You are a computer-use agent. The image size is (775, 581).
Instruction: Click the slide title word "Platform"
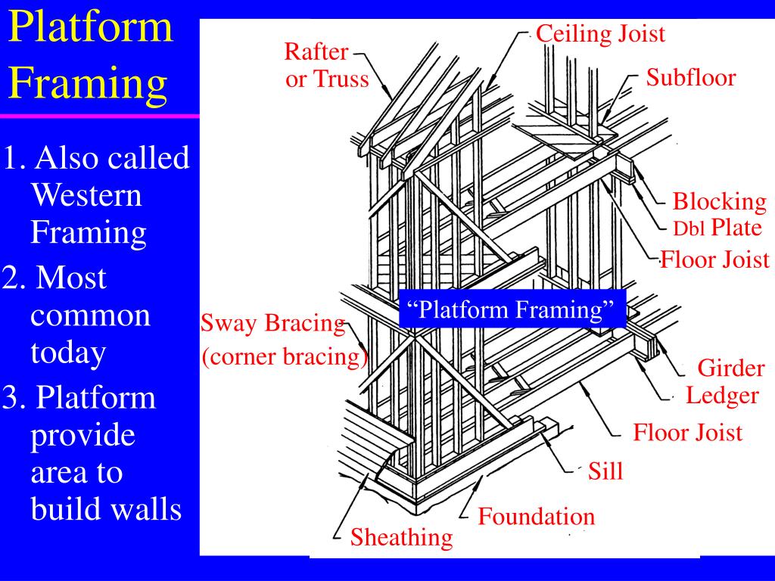point(91,28)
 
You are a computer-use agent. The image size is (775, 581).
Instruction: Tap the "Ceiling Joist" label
point(600,33)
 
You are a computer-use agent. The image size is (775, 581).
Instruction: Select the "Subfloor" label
point(690,78)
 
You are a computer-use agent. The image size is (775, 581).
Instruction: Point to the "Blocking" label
point(719,202)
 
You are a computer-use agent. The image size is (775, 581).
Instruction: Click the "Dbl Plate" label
point(717,228)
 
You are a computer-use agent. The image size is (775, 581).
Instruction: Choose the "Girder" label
point(730,368)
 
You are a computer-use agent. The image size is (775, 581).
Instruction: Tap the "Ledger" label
point(722,395)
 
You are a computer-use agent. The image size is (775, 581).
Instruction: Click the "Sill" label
point(605,471)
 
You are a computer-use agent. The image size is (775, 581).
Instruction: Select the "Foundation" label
point(536,517)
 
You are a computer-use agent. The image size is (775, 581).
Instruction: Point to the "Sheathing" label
point(401,538)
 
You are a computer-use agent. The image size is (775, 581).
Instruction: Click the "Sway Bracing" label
point(272,324)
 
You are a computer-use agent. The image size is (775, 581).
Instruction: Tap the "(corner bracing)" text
point(284,356)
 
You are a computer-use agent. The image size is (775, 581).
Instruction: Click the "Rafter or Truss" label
point(326,66)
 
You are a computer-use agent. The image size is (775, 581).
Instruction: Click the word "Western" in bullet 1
point(86,196)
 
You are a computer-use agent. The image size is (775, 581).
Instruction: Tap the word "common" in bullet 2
point(90,315)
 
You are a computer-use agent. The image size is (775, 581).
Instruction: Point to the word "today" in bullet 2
point(68,353)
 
